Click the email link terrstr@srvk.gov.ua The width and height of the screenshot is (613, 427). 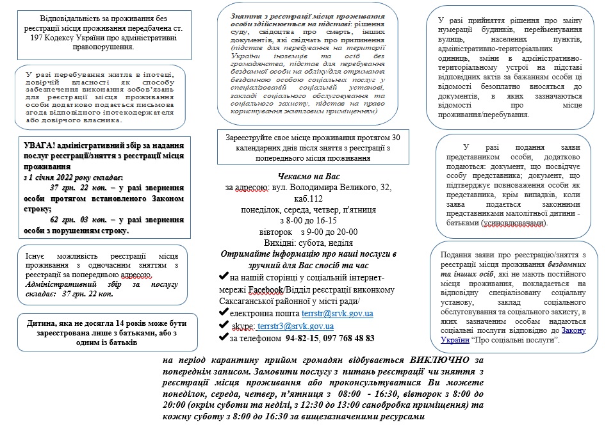tap(337, 313)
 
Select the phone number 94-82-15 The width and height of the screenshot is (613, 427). tap(302, 338)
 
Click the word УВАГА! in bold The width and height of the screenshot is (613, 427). tap(38, 144)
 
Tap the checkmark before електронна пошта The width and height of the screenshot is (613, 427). tap(224, 313)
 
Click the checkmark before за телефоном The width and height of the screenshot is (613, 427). tap(224, 338)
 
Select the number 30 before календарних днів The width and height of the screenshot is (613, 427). tap(398, 138)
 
